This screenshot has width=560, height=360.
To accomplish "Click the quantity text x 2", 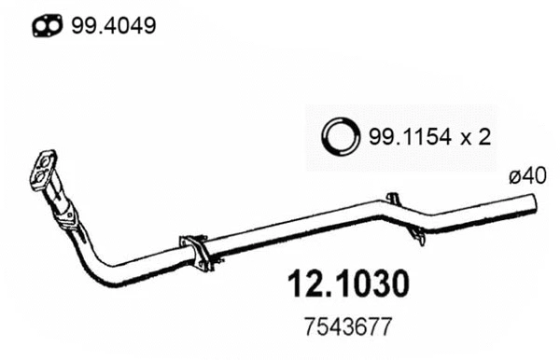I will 477,137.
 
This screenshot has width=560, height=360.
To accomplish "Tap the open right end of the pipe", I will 538,201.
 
